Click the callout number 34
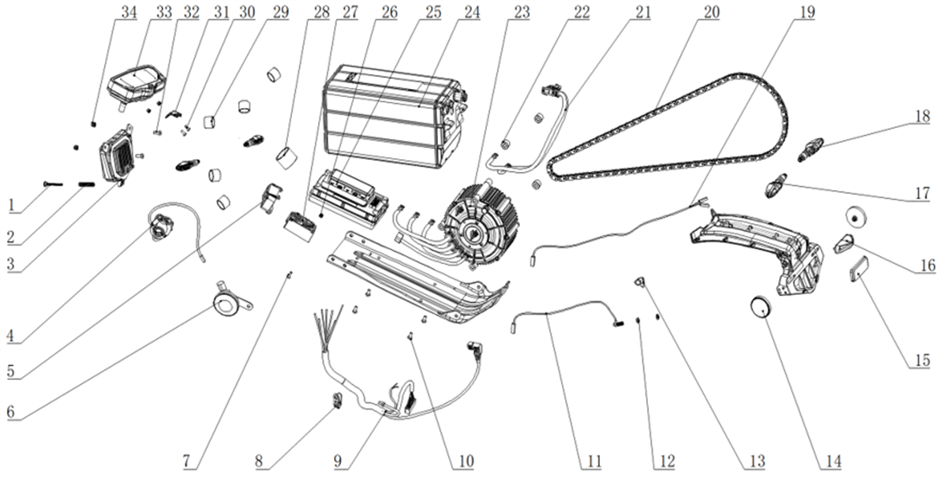click(129, 13)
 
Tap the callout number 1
click(12, 206)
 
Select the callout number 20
click(712, 13)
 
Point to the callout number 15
click(922, 360)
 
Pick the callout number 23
click(522, 13)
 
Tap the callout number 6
click(11, 412)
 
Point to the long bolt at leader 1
click(53, 184)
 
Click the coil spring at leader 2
click(86, 185)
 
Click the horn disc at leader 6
click(226, 303)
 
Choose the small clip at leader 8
click(337, 400)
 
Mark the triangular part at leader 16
click(844, 243)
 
